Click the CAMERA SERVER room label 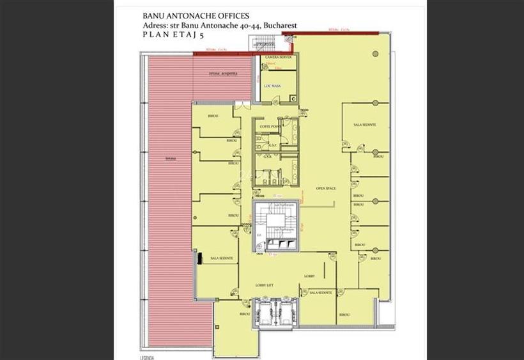pyautogui.click(x=279, y=58)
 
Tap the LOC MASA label pyautogui.click(x=273, y=86)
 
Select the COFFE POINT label pyautogui.click(x=269, y=126)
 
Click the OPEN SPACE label pyautogui.click(x=325, y=188)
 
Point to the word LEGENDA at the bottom pyautogui.click(x=148, y=356)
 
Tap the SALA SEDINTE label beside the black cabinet pyautogui.click(x=222, y=258)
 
